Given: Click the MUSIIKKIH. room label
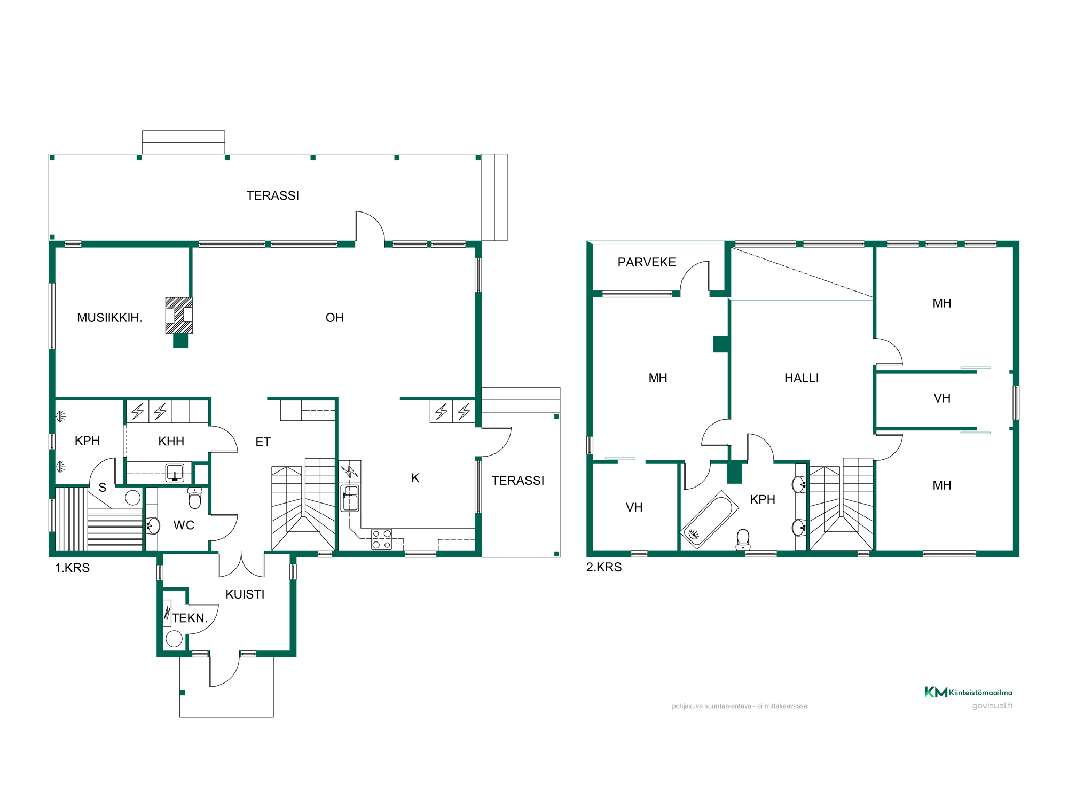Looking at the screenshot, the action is click(109, 318).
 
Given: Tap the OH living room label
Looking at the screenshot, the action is click(335, 318).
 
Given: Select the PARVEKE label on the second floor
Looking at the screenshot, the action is click(647, 262).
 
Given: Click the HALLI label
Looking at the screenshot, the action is click(802, 378).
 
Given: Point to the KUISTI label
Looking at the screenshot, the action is click(245, 594).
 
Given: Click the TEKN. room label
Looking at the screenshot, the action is click(190, 618).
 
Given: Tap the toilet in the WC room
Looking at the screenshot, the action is click(195, 498).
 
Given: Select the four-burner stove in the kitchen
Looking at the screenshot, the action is click(382, 539).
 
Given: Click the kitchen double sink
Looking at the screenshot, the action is click(350, 498).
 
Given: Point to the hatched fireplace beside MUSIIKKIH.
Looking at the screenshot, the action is click(179, 316).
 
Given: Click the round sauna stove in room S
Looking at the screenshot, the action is click(132, 498).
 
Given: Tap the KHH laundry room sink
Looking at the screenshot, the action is click(175, 473).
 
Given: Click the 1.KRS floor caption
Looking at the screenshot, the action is click(72, 568).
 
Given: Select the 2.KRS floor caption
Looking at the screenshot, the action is click(604, 567).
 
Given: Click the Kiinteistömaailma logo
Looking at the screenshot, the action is click(968, 692).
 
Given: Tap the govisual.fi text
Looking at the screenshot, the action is click(992, 705).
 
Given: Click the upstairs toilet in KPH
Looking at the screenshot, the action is click(743, 539).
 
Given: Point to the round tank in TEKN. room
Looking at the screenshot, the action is click(174, 639).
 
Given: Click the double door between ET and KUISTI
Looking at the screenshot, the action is click(241, 564).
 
